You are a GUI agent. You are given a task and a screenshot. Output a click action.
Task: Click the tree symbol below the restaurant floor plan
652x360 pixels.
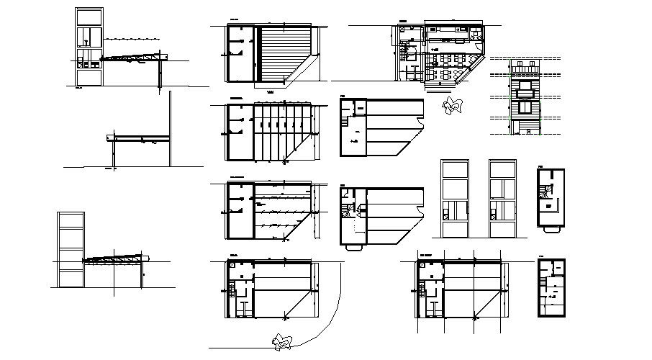(452, 106)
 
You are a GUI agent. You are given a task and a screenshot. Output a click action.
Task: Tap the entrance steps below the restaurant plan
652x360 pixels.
(440, 86)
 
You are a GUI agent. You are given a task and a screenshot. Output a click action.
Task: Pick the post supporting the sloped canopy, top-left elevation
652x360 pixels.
(159, 75)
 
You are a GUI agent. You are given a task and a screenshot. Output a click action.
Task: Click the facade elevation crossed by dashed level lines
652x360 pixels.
(526, 97)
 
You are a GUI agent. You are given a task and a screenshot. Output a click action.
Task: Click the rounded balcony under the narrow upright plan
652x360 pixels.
(551, 229)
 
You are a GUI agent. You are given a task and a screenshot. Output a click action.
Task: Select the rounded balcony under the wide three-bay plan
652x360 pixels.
(353, 246)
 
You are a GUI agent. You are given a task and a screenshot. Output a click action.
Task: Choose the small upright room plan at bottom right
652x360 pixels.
(552, 287)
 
